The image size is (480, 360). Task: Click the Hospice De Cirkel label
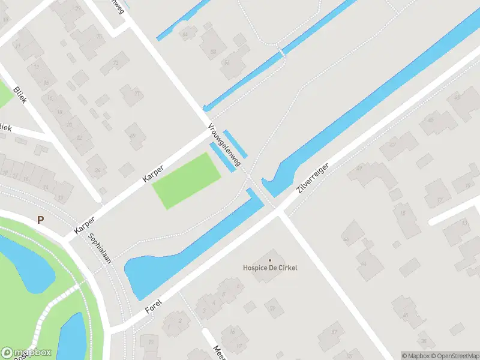click(x=270, y=268)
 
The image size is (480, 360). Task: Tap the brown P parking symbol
click(x=40, y=220)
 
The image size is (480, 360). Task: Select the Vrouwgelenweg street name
click(x=224, y=146)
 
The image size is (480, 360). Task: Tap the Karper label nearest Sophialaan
click(x=85, y=221)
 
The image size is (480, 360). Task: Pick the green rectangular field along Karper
click(x=186, y=180)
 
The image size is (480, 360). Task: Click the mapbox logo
click(x=26, y=353)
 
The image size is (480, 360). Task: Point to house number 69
click(x=133, y=136)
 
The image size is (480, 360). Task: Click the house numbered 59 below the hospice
click(x=273, y=308)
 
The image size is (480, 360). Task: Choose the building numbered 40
click(x=406, y=314)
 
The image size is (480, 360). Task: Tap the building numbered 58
click(x=213, y=52)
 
